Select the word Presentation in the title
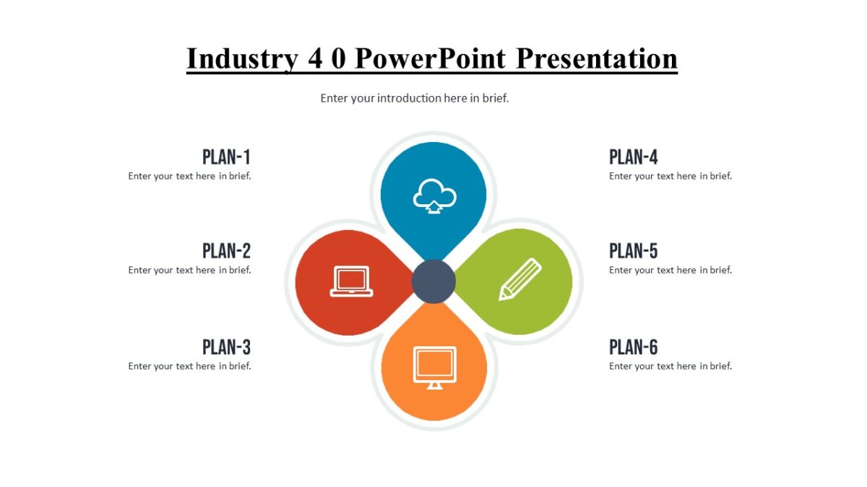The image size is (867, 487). coord(597,59)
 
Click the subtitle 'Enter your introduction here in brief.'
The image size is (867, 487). coord(415,98)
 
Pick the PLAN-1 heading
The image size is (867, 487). coord(226,157)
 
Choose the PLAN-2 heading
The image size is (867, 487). coord(226,251)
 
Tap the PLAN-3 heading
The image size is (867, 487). coord(226,347)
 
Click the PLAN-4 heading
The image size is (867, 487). coord(634,157)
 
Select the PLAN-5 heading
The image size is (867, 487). coord(634,251)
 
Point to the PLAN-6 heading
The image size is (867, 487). coord(634,347)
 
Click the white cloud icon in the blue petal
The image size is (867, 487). coord(434,196)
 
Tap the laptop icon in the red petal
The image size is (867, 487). coord(351,281)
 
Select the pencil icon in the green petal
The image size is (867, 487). coord(519,279)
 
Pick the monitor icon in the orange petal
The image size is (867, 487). coord(434,367)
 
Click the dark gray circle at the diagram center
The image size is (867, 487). coord(433,281)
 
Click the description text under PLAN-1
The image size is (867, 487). coord(190,176)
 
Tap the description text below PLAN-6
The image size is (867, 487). coord(670,366)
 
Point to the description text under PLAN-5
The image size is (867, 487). coord(670,270)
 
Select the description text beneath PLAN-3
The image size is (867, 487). coord(190,366)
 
